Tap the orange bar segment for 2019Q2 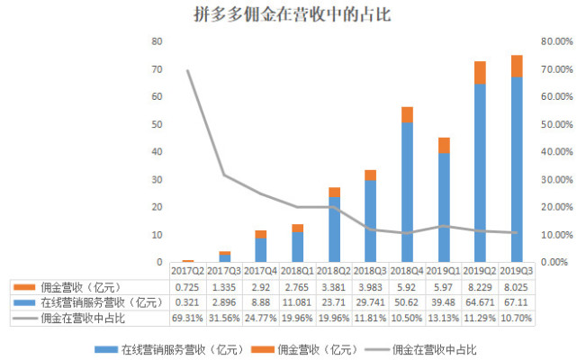480,73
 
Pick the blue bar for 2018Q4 407,191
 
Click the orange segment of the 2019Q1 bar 443,145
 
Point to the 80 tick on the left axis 157,41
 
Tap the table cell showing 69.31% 188,319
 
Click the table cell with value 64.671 480,302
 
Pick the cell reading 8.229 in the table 480,286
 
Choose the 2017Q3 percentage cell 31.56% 225,319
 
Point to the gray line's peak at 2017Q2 188,70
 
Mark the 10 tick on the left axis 157,234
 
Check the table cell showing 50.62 407,302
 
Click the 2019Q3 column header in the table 517,270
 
